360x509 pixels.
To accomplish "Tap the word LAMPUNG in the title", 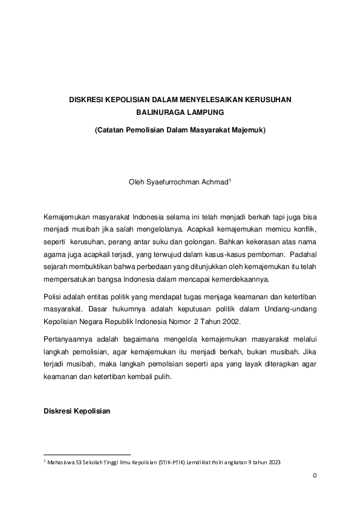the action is coord(204,112).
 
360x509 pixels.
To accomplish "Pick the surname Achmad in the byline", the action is coord(215,182).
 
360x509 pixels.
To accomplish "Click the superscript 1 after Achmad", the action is coord(231,180).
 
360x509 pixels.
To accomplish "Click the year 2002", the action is coord(232,321).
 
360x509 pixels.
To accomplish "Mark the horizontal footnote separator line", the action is coord(88,455).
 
